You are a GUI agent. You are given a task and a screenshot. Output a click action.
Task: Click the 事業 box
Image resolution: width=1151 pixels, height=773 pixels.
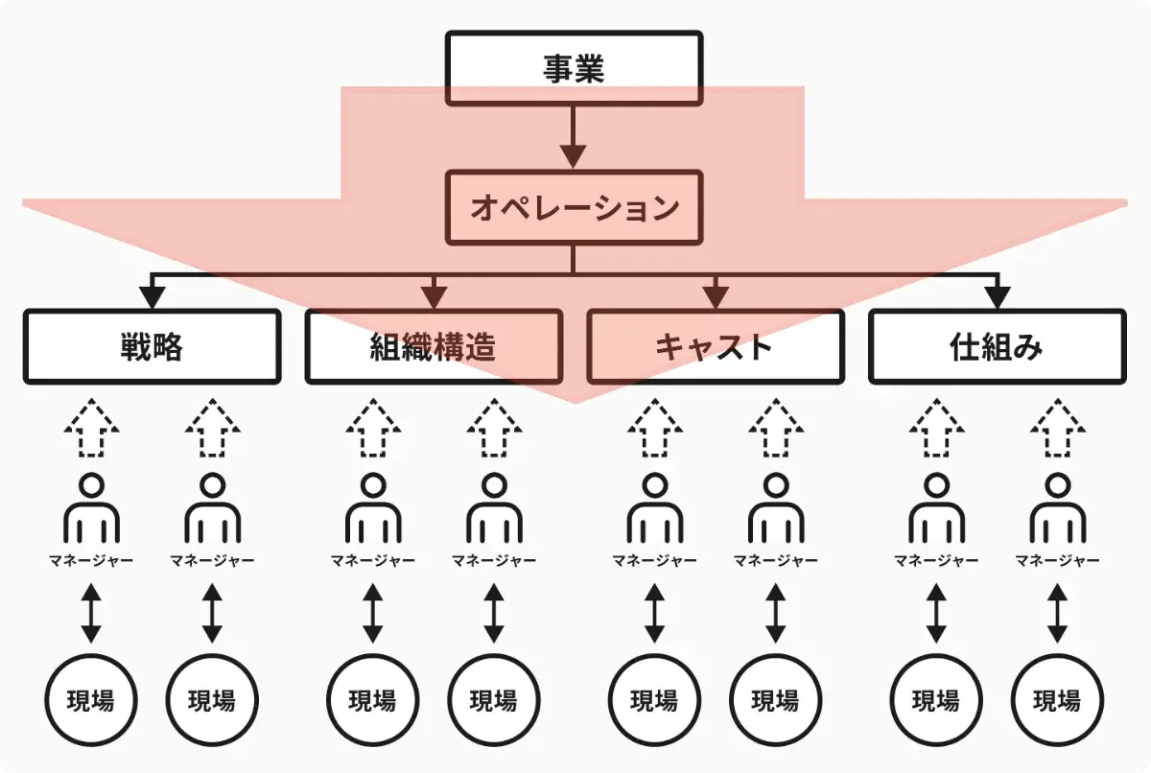point(573,69)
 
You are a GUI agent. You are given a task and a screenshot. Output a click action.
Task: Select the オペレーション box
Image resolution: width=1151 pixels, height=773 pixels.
point(573,208)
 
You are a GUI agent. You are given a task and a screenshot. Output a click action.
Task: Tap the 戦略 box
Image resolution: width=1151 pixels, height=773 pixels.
point(152,346)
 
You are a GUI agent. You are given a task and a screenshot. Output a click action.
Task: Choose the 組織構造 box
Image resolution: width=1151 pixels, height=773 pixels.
point(433,346)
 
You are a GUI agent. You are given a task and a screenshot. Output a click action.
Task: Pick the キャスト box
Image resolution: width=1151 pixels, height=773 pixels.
point(715,346)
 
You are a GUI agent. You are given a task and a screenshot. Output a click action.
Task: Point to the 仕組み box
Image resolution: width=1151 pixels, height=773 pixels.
point(997,346)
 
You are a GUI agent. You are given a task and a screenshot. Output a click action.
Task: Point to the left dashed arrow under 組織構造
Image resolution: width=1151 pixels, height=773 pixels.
point(373,429)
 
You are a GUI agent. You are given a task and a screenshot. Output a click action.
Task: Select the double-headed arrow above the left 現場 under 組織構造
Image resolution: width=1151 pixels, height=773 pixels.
point(373,614)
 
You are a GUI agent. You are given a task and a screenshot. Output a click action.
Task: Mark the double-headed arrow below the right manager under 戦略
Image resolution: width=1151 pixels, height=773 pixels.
point(213,614)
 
